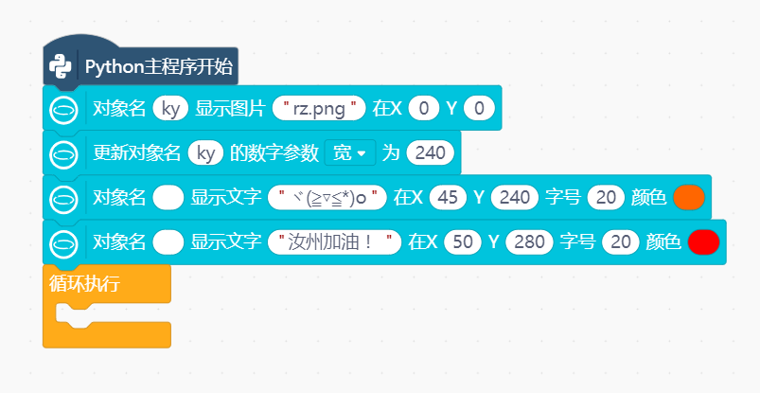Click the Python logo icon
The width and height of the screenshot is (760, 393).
click(61, 66)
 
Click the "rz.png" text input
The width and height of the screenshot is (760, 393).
click(319, 108)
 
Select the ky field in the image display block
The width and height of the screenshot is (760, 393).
click(170, 108)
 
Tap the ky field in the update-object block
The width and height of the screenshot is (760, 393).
click(205, 152)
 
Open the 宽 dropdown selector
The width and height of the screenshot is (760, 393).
click(350, 152)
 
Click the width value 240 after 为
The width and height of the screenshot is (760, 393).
click(431, 152)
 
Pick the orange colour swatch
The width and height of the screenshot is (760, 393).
click(689, 198)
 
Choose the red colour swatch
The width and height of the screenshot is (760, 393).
click(703, 242)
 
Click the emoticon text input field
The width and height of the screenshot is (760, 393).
click(327, 198)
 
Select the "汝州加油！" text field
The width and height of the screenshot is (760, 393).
click(334, 242)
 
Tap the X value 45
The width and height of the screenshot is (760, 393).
click(448, 198)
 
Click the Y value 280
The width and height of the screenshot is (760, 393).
click(529, 242)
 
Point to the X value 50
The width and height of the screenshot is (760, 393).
click(463, 242)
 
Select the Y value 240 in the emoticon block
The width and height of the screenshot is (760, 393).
click(515, 198)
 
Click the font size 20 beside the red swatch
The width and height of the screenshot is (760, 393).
click(621, 242)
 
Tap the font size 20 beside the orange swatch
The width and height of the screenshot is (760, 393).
click(606, 198)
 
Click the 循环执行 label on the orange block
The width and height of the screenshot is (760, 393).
click(84, 283)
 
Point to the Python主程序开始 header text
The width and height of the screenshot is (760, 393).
click(159, 66)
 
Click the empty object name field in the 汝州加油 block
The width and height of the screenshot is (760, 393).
click(168, 242)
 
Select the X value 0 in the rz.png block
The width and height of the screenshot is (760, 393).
click(424, 108)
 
